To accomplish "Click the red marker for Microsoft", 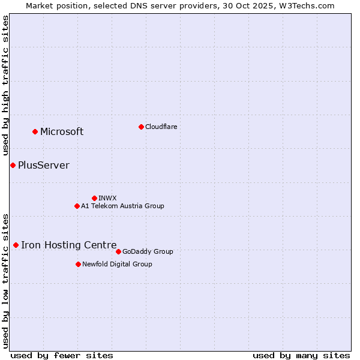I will click(x=35, y=131).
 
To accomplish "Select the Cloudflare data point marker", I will click(x=141, y=127).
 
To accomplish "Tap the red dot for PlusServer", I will click(x=13, y=165).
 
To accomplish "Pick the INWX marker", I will click(x=94, y=198).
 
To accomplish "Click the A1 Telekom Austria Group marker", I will click(x=77, y=206).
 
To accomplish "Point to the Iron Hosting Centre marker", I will click(x=16, y=245).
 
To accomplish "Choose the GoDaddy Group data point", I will click(x=118, y=251).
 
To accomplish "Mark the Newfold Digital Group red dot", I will click(x=78, y=264).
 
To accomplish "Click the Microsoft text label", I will click(x=62, y=132).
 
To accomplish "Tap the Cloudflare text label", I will click(x=161, y=127).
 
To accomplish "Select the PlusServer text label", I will click(x=44, y=166).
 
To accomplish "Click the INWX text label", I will click(x=107, y=198).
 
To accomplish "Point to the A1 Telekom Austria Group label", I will click(x=122, y=206).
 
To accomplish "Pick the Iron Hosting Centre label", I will click(x=69, y=245).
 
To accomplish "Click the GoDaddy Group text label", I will click(x=148, y=251).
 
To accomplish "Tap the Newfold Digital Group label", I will click(x=117, y=264).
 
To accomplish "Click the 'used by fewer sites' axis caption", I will click(x=62, y=355).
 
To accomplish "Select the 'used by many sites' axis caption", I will click(x=301, y=355).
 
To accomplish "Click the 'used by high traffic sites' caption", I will click(x=6, y=86).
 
